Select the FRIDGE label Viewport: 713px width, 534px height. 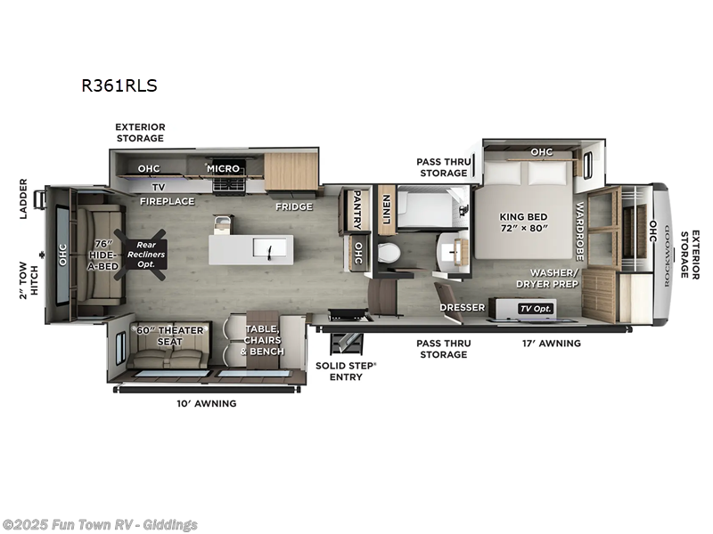[x=293, y=206]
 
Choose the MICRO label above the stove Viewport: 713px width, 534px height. [x=223, y=168]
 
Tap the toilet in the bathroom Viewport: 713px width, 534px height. [x=389, y=253]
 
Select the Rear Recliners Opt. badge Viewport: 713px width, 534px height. [x=144, y=254]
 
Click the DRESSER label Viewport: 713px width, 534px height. [x=462, y=308]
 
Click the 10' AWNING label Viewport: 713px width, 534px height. [x=206, y=403]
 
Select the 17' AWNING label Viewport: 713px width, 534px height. [x=550, y=343]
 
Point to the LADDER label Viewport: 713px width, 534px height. [x=24, y=198]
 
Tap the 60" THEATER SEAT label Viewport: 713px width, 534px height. [x=169, y=336]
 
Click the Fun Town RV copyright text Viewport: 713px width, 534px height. [x=100, y=524]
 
